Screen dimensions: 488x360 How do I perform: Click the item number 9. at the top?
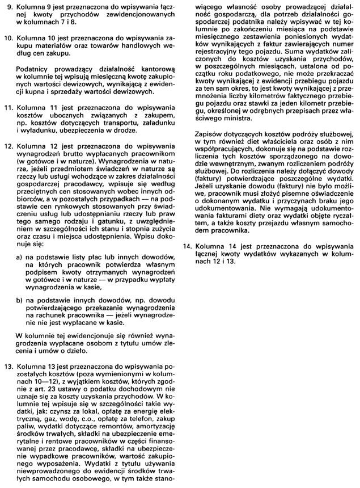click(9, 8)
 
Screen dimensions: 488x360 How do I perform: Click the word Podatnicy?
click(34, 70)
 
